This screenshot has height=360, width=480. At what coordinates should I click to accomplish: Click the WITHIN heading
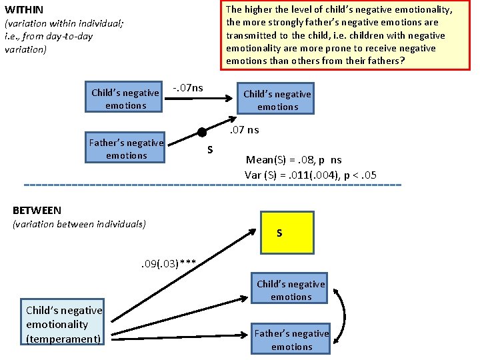tap(24, 10)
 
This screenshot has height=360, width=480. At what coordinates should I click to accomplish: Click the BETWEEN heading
tap(37, 210)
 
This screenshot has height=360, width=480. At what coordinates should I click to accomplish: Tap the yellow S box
tap(287, 233)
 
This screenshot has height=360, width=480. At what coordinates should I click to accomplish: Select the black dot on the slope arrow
tap(202, 132)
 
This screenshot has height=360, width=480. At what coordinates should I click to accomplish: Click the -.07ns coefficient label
tap(188, 88)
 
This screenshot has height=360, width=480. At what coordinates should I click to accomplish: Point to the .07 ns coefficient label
tap(244, 130)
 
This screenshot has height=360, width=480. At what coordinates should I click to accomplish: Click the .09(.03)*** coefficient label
tap(169, 263)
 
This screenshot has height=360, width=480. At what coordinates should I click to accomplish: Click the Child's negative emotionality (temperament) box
tap(63, 322)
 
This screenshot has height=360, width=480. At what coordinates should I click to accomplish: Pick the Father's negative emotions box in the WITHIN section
tap(125, 147)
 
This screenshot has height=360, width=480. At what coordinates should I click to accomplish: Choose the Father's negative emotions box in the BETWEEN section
tap(291, 338)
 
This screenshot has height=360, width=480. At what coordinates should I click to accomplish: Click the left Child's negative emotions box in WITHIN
tap(124, 97)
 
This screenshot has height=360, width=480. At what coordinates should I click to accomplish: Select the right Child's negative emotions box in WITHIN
tap(275, 98)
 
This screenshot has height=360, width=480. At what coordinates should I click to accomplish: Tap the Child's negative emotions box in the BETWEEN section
tap(289, 288)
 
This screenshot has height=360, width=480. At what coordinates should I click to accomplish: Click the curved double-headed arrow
tap(345, 316)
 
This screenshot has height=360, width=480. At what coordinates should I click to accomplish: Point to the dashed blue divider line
tap(213, 185)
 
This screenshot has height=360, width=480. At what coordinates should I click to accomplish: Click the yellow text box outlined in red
tap(345, 35)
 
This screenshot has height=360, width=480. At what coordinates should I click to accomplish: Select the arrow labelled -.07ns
tap(199, 98)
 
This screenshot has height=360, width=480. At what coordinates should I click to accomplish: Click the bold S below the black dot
tap(210, 150)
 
